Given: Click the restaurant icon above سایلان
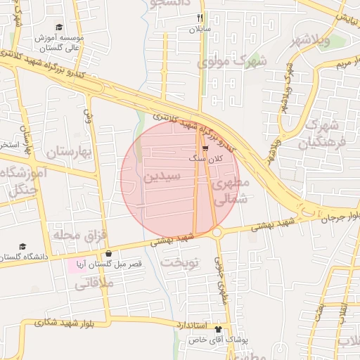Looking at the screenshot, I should pos(200,18).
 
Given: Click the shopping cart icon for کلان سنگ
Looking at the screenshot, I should pos(205,148).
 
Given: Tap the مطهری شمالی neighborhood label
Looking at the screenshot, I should pos(231,190).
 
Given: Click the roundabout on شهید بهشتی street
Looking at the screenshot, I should pos(217,232).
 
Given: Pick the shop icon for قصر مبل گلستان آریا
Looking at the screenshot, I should pos(108,254).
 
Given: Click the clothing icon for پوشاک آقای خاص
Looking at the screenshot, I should pos(218,328).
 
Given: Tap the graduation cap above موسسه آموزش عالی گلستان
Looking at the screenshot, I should pos(59,27).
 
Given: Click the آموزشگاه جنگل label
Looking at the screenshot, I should pos(25,181).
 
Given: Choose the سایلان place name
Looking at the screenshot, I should pos(199,30).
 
